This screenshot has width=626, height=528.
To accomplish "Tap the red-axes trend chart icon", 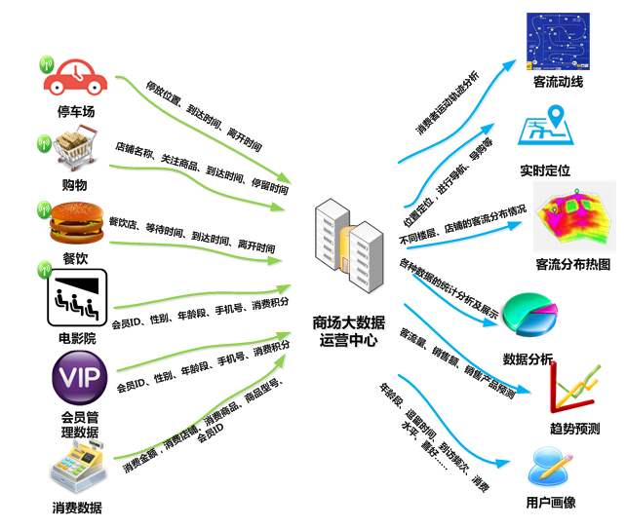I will click(x=574, y=388).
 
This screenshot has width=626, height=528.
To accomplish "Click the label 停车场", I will click(x=77, y=111).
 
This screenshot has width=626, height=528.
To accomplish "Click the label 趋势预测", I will click(x=574, y=428).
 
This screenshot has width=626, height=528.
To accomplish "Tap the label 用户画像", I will click(x=551, y=503).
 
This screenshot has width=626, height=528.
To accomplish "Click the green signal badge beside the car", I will click(x=45, y=64).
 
